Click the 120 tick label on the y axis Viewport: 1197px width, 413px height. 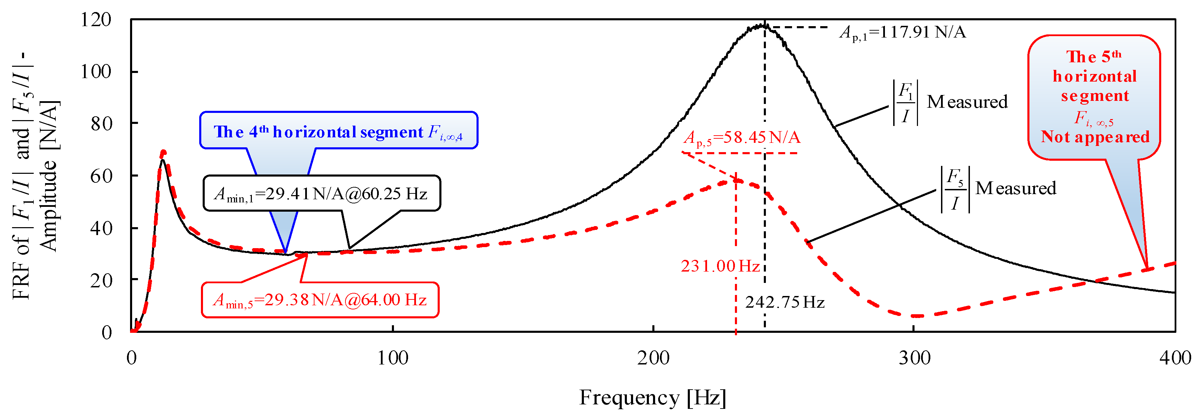(96, 20)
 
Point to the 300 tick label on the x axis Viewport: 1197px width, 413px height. (914, 358)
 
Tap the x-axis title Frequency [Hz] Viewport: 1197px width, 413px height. (652, 398)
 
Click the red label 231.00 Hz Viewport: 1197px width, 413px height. (720, 266)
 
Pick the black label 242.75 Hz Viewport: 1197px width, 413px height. (785, 303)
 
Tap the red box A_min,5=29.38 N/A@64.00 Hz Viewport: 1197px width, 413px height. (320, 300)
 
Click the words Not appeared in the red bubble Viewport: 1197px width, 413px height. (1095, 137)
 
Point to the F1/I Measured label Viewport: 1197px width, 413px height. (950, 102)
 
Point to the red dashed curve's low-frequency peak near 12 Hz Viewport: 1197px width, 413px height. (163, 152)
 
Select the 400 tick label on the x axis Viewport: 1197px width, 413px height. (1175, 358)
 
